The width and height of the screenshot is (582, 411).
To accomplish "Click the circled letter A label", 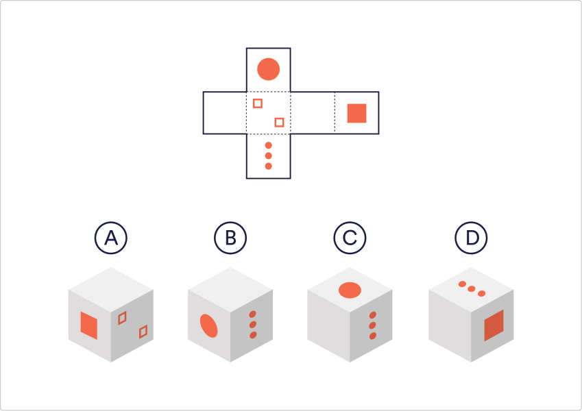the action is point(110,238).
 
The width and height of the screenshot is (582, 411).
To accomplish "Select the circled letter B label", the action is point(230,238).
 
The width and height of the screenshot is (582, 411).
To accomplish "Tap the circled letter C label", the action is point(350,238).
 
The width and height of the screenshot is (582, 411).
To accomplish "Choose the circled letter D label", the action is point(470,238).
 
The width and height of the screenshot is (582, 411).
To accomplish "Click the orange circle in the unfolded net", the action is point(268,69).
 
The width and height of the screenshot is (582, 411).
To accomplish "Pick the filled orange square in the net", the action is point(356,113).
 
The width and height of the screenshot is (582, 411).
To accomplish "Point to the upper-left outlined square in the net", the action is point(258,103).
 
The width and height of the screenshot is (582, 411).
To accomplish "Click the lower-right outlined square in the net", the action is point(279,123).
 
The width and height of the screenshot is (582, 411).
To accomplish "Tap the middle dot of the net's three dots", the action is point(268,156).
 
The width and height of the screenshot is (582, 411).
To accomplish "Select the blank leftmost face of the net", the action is point(225,113).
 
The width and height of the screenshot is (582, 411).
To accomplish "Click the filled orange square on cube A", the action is point(89,325).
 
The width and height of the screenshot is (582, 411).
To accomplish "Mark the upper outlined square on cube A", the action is point(122,317).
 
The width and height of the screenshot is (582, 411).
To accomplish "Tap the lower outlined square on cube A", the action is point(143,332).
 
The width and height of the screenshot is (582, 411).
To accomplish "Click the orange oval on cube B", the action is point(208,326).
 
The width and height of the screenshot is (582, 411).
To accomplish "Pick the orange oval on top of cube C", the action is point(350,290).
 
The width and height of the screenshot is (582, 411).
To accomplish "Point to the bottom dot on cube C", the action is point(373,335).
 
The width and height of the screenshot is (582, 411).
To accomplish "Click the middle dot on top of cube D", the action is point(472,289).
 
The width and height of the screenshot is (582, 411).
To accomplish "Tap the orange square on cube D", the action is point(494,325).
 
